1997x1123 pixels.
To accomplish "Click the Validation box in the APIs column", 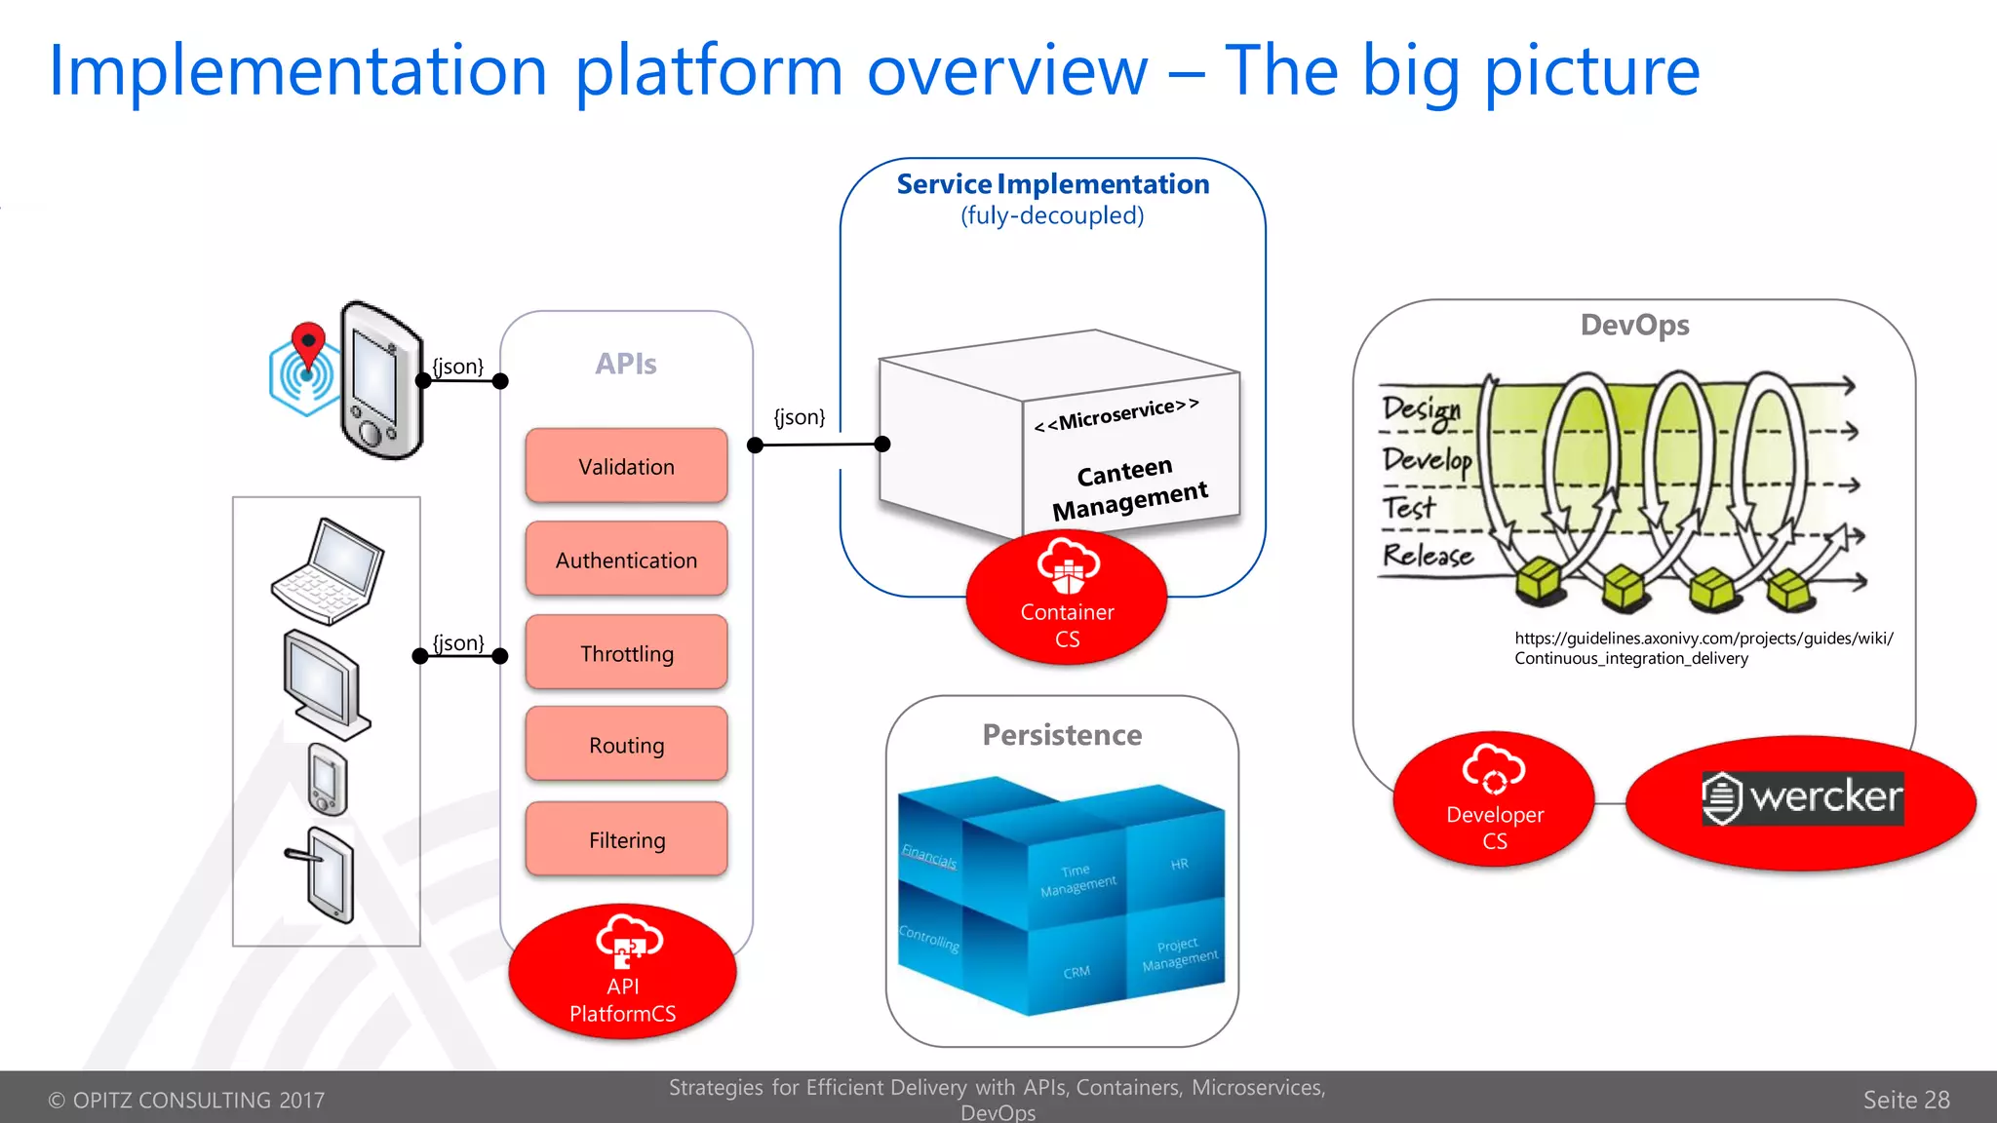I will (626, 466).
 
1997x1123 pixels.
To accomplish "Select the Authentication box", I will (626, 560).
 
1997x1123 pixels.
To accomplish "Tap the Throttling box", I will (626, 652).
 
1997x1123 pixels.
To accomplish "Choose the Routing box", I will (626, 745).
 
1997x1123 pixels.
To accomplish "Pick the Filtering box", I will (626, 839).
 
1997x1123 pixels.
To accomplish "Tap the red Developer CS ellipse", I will (1494, 800).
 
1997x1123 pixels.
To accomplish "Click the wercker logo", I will (1802, 798).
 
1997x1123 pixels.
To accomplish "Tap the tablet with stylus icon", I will (328, 873).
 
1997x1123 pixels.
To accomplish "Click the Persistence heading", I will (1062, 734).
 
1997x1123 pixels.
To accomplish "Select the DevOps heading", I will (1634, 325).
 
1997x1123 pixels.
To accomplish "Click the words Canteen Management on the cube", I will (1128, 488).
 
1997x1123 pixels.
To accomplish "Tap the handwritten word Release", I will (1428, 556).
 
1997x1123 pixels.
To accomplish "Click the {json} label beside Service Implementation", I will (799, 417).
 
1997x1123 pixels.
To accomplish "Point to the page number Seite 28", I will (1905, 1100).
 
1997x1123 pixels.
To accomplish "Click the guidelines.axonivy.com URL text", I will (1703, 647).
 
